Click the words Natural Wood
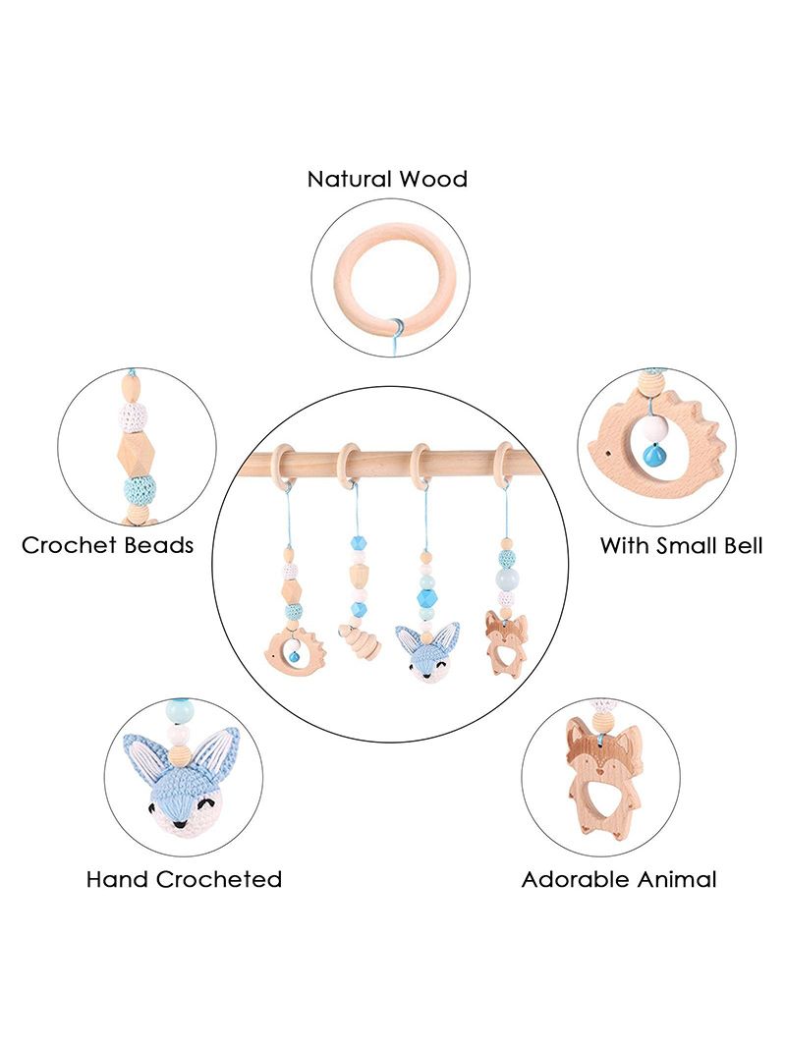(x=387, y=180)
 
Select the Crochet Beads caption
(x=108, y=545)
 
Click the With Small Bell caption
(x=681, y=545)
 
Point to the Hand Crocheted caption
(x=184, y=878)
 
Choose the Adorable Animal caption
(x=618, y=878)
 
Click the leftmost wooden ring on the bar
(x=282, y=465)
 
